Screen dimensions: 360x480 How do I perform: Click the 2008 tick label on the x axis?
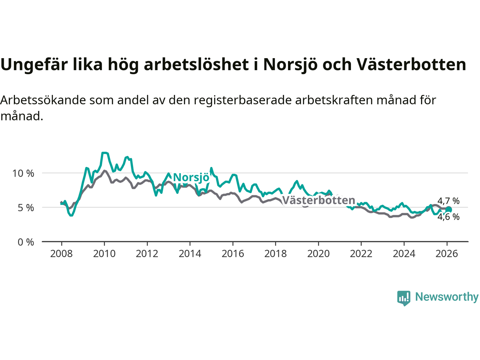(61, 254)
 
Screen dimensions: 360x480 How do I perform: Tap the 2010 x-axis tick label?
(104, 254)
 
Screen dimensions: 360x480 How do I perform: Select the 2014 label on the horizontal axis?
(190, 254)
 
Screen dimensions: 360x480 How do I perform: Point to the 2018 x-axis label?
(275, 254)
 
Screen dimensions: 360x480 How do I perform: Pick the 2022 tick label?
(361, 254)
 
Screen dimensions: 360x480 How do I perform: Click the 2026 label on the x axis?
(447, 254)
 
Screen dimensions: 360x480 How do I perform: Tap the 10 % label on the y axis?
(23, 174)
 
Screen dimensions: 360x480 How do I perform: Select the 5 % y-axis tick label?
(26, 208)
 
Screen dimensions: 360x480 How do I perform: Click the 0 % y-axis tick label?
(26, 242)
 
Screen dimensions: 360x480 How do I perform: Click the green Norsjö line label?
(191, 177)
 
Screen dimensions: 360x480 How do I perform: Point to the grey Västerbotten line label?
(318, 200)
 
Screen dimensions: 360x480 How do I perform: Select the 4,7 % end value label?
(448, 201)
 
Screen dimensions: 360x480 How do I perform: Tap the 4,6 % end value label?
(448, 217)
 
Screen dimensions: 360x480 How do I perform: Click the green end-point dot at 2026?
(448, 210)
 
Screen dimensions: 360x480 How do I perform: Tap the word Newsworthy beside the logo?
(447, 297)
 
